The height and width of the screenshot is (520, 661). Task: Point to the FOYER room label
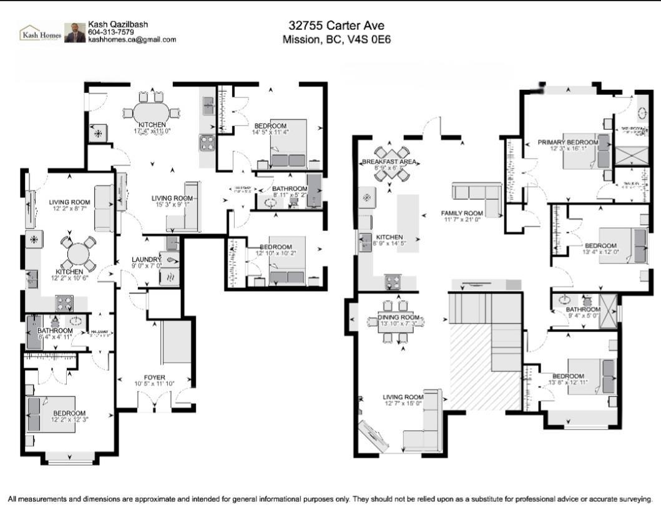[154, 377]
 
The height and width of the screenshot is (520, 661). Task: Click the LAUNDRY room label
[147, 260]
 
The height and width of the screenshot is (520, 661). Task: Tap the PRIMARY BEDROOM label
[567, 142]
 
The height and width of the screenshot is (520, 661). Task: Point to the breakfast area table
[390, 164]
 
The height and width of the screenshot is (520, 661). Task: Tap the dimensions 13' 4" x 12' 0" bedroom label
[600, 252]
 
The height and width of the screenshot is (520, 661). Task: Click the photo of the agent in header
[75, 33]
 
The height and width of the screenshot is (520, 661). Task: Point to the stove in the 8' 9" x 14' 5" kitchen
[394, 282]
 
